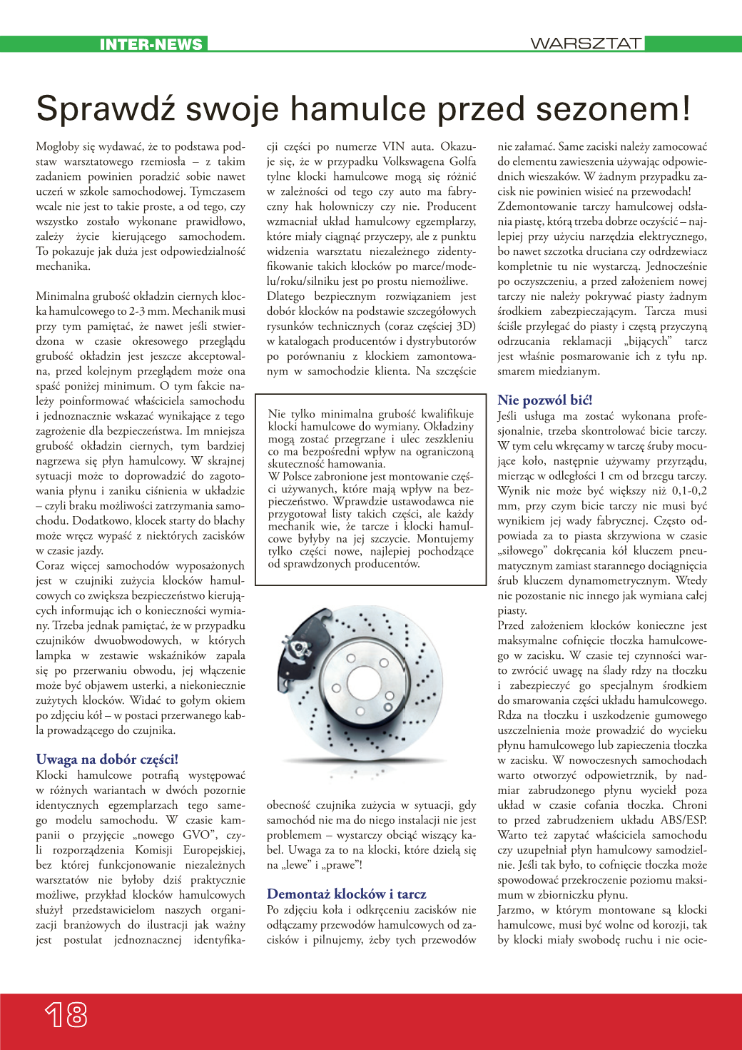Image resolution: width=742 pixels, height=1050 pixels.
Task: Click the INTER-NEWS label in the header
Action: tap(151, 44)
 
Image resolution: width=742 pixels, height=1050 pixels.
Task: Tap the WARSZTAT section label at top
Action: tap(586, 44)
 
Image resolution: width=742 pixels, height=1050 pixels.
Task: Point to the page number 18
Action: tap(66, 1014)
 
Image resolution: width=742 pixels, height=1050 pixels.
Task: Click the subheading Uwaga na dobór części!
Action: tap(107, 759)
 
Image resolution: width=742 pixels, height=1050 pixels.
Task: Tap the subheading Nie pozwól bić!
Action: tap(545, 400)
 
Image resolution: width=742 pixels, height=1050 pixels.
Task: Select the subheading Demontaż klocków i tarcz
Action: tap(346, 894)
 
